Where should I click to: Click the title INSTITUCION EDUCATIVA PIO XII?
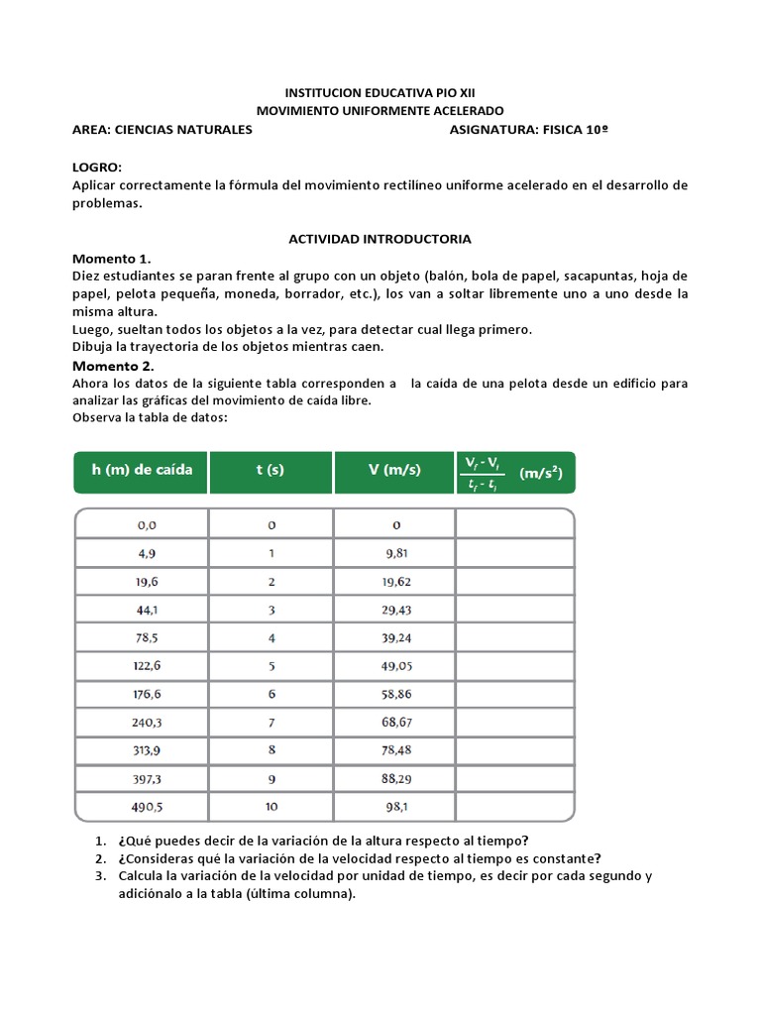coord(380,92)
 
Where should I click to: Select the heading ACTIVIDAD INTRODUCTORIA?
coord(380,239)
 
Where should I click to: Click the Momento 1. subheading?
coord(111,258)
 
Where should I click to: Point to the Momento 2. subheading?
coord(111,366)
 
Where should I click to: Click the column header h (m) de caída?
coord(142,471)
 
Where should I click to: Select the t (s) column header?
coord(270,471)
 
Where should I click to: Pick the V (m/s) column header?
coord(392,471)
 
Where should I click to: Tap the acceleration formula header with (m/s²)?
coord(513,473)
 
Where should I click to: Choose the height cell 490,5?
coord(142,806)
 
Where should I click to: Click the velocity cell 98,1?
coord(395,806)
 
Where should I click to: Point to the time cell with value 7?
coord(271,722)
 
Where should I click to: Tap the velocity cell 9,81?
coord(395,552)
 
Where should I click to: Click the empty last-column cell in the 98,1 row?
coord(513,806)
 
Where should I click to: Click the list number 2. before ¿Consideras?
coord(101,858)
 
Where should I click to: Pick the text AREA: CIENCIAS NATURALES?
coord(163,129)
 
